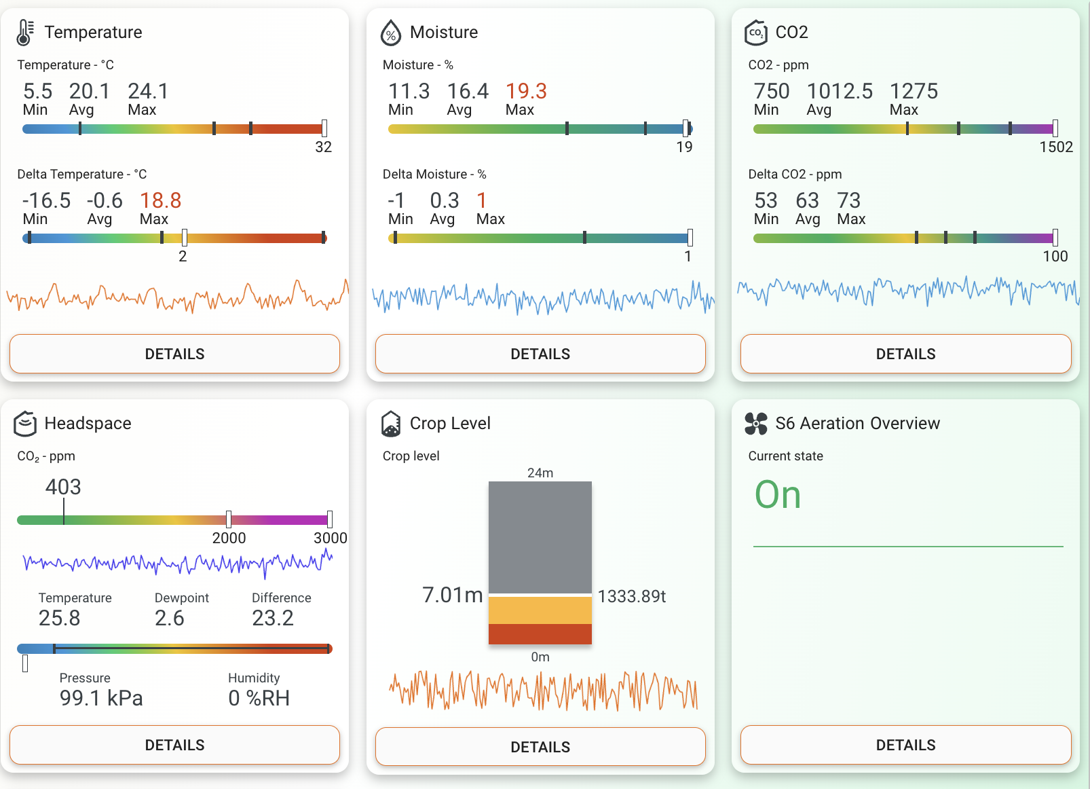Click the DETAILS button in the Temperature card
pos(174,354)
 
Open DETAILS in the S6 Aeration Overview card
pos(905,745)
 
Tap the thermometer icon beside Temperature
pos(25,33)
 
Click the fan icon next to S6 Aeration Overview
pos(756,424)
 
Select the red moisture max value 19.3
pos(526,91)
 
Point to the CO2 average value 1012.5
pos(840,91)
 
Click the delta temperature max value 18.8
pos(160,200)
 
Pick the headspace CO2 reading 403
pos(63,487)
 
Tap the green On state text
pos(778,494)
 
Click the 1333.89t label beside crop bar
pos(632,596)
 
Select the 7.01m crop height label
pos(452,595)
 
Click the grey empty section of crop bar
pos(540,536)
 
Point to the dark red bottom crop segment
pos(540,634)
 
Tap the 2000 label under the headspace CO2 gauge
pos(229,538)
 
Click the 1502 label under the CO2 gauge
pos(1056,147)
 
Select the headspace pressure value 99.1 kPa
pos(101,698)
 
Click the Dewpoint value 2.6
pos(169,618)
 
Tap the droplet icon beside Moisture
pos(391,33)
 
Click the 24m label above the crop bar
pos(540,473)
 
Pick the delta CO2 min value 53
pos(766,200)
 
